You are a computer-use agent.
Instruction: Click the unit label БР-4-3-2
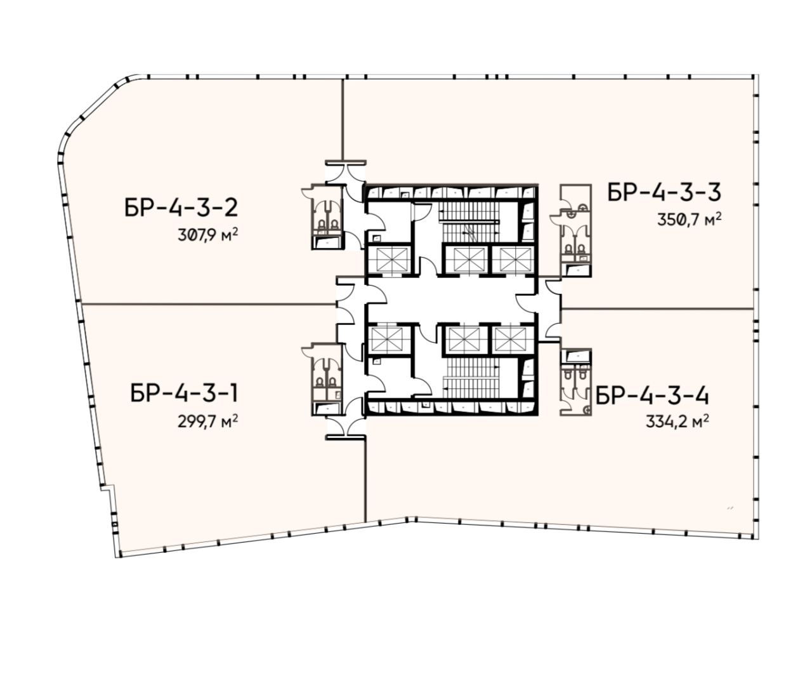click(181, 208)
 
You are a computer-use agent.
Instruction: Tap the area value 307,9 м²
click(208, 235)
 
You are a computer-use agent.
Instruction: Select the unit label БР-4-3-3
click(664, 192)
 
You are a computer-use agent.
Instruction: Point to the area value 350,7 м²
click(689, 220)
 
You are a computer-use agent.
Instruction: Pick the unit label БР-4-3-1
click(184, 394)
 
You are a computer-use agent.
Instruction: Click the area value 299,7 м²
click(208, 421)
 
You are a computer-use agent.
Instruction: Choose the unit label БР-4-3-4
click(652, 397)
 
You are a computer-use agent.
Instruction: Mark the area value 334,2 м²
click(677, 422)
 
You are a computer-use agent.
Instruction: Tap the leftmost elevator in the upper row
click(389, 260)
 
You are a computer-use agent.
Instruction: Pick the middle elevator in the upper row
click(466, 260)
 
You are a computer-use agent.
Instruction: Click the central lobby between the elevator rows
click(451, 300)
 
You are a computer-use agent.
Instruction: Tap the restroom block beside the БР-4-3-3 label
click(575, 230)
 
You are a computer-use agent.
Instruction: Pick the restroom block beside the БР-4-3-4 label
click(575, 381)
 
